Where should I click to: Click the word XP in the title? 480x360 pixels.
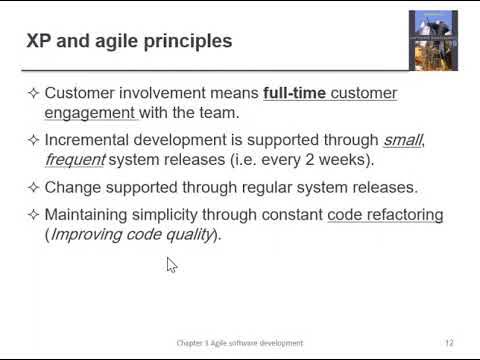point(38,42)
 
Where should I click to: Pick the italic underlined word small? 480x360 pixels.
point(402,139)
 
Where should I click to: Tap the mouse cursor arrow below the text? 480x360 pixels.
point(171,264)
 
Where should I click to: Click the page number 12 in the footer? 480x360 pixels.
point(449,343)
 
